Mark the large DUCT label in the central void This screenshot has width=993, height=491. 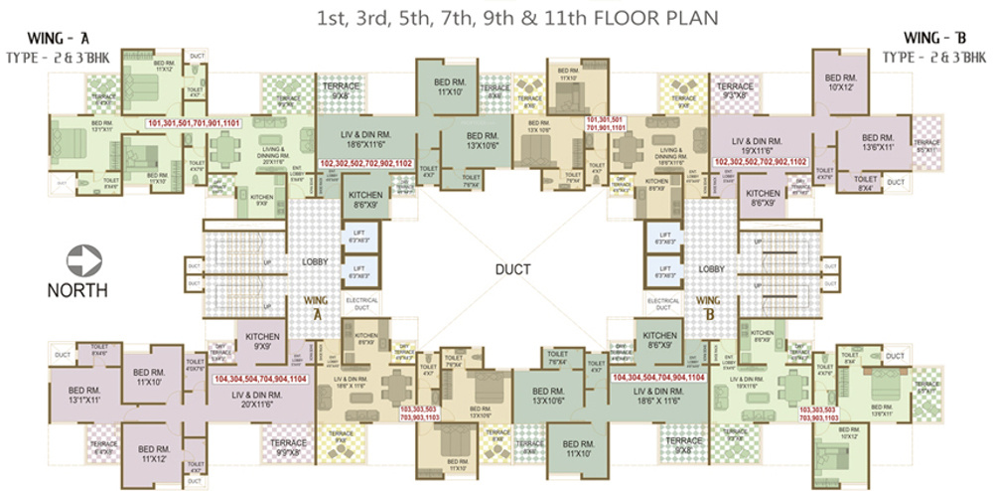click(513, 269)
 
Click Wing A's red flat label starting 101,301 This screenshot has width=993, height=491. click(195, 123)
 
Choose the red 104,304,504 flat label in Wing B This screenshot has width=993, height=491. click(658, 379)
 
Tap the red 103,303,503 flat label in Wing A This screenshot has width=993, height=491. click(425, 413)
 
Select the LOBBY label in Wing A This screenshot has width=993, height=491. click(316, 262)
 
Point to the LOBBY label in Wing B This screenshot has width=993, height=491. click(710, 268)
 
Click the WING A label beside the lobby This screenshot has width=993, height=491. click(317, 306)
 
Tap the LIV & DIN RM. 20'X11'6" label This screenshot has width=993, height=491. click(256, 400)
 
